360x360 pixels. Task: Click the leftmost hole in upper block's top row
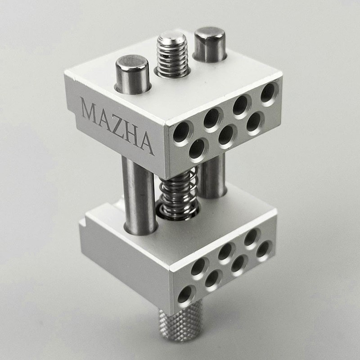coord(182,133)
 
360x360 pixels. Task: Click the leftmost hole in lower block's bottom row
coord(185,294)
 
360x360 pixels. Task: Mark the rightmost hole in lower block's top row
coord(252,237)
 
